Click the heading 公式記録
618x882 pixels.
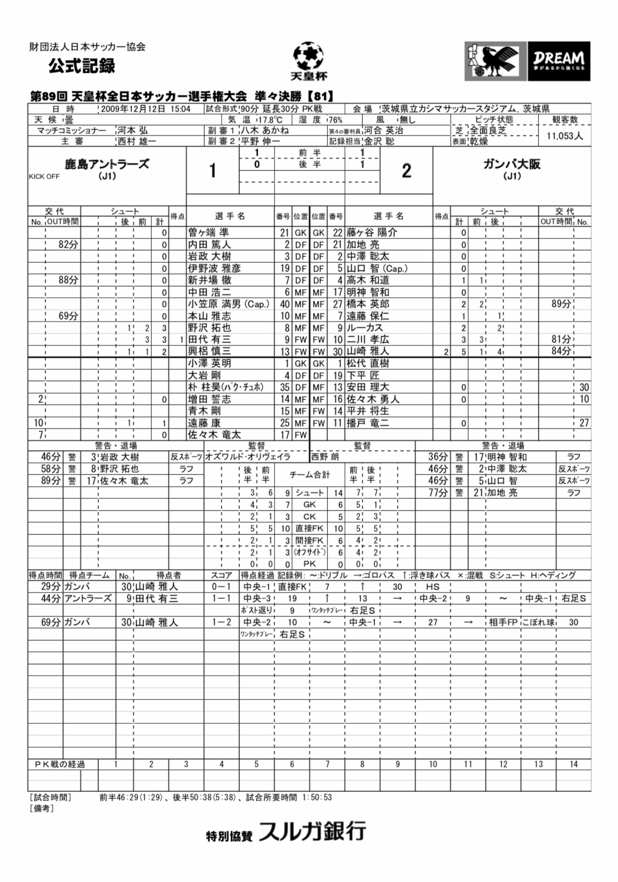82,66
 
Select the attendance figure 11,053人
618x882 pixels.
565,136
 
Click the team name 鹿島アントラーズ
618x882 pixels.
106,165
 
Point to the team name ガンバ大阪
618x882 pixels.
512,165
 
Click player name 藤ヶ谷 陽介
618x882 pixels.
371,233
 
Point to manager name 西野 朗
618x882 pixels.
326,457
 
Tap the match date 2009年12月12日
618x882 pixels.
133,109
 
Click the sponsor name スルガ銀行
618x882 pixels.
312,831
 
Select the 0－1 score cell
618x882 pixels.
221,587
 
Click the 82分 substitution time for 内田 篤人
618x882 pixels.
68,245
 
